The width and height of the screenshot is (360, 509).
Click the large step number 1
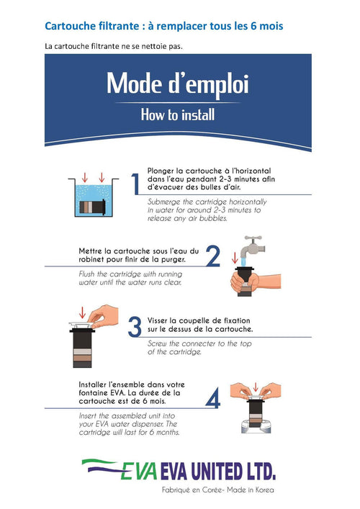coord(135,184)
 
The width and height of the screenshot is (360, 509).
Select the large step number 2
coord(213,256)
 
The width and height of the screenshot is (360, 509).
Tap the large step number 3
coord(135,326)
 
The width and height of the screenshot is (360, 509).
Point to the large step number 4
coord(213,397)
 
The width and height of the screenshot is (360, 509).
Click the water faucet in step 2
coord(252,247)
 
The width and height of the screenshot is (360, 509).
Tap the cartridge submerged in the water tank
coord(93,206)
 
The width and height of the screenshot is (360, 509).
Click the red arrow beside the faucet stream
coord(235,258)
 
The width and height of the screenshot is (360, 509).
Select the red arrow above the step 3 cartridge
coord(82,312)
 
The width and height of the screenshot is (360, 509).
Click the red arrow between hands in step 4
coord(256,387)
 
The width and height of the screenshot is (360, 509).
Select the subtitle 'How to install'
coord(178,115)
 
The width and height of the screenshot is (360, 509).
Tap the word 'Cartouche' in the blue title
coord(66,26)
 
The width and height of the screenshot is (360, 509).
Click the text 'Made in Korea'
coord(251,490)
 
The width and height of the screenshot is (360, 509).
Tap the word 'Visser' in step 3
coord(157,320)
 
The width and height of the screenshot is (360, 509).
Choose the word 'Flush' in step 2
coord(87,274)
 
